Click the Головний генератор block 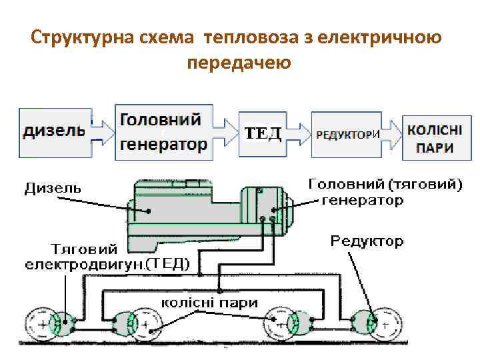164,131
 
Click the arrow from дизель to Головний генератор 101,131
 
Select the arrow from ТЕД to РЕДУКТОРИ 301,133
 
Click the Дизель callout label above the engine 53,188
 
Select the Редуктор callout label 367,241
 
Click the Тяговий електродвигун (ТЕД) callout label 100,257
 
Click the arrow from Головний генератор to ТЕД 225,132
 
